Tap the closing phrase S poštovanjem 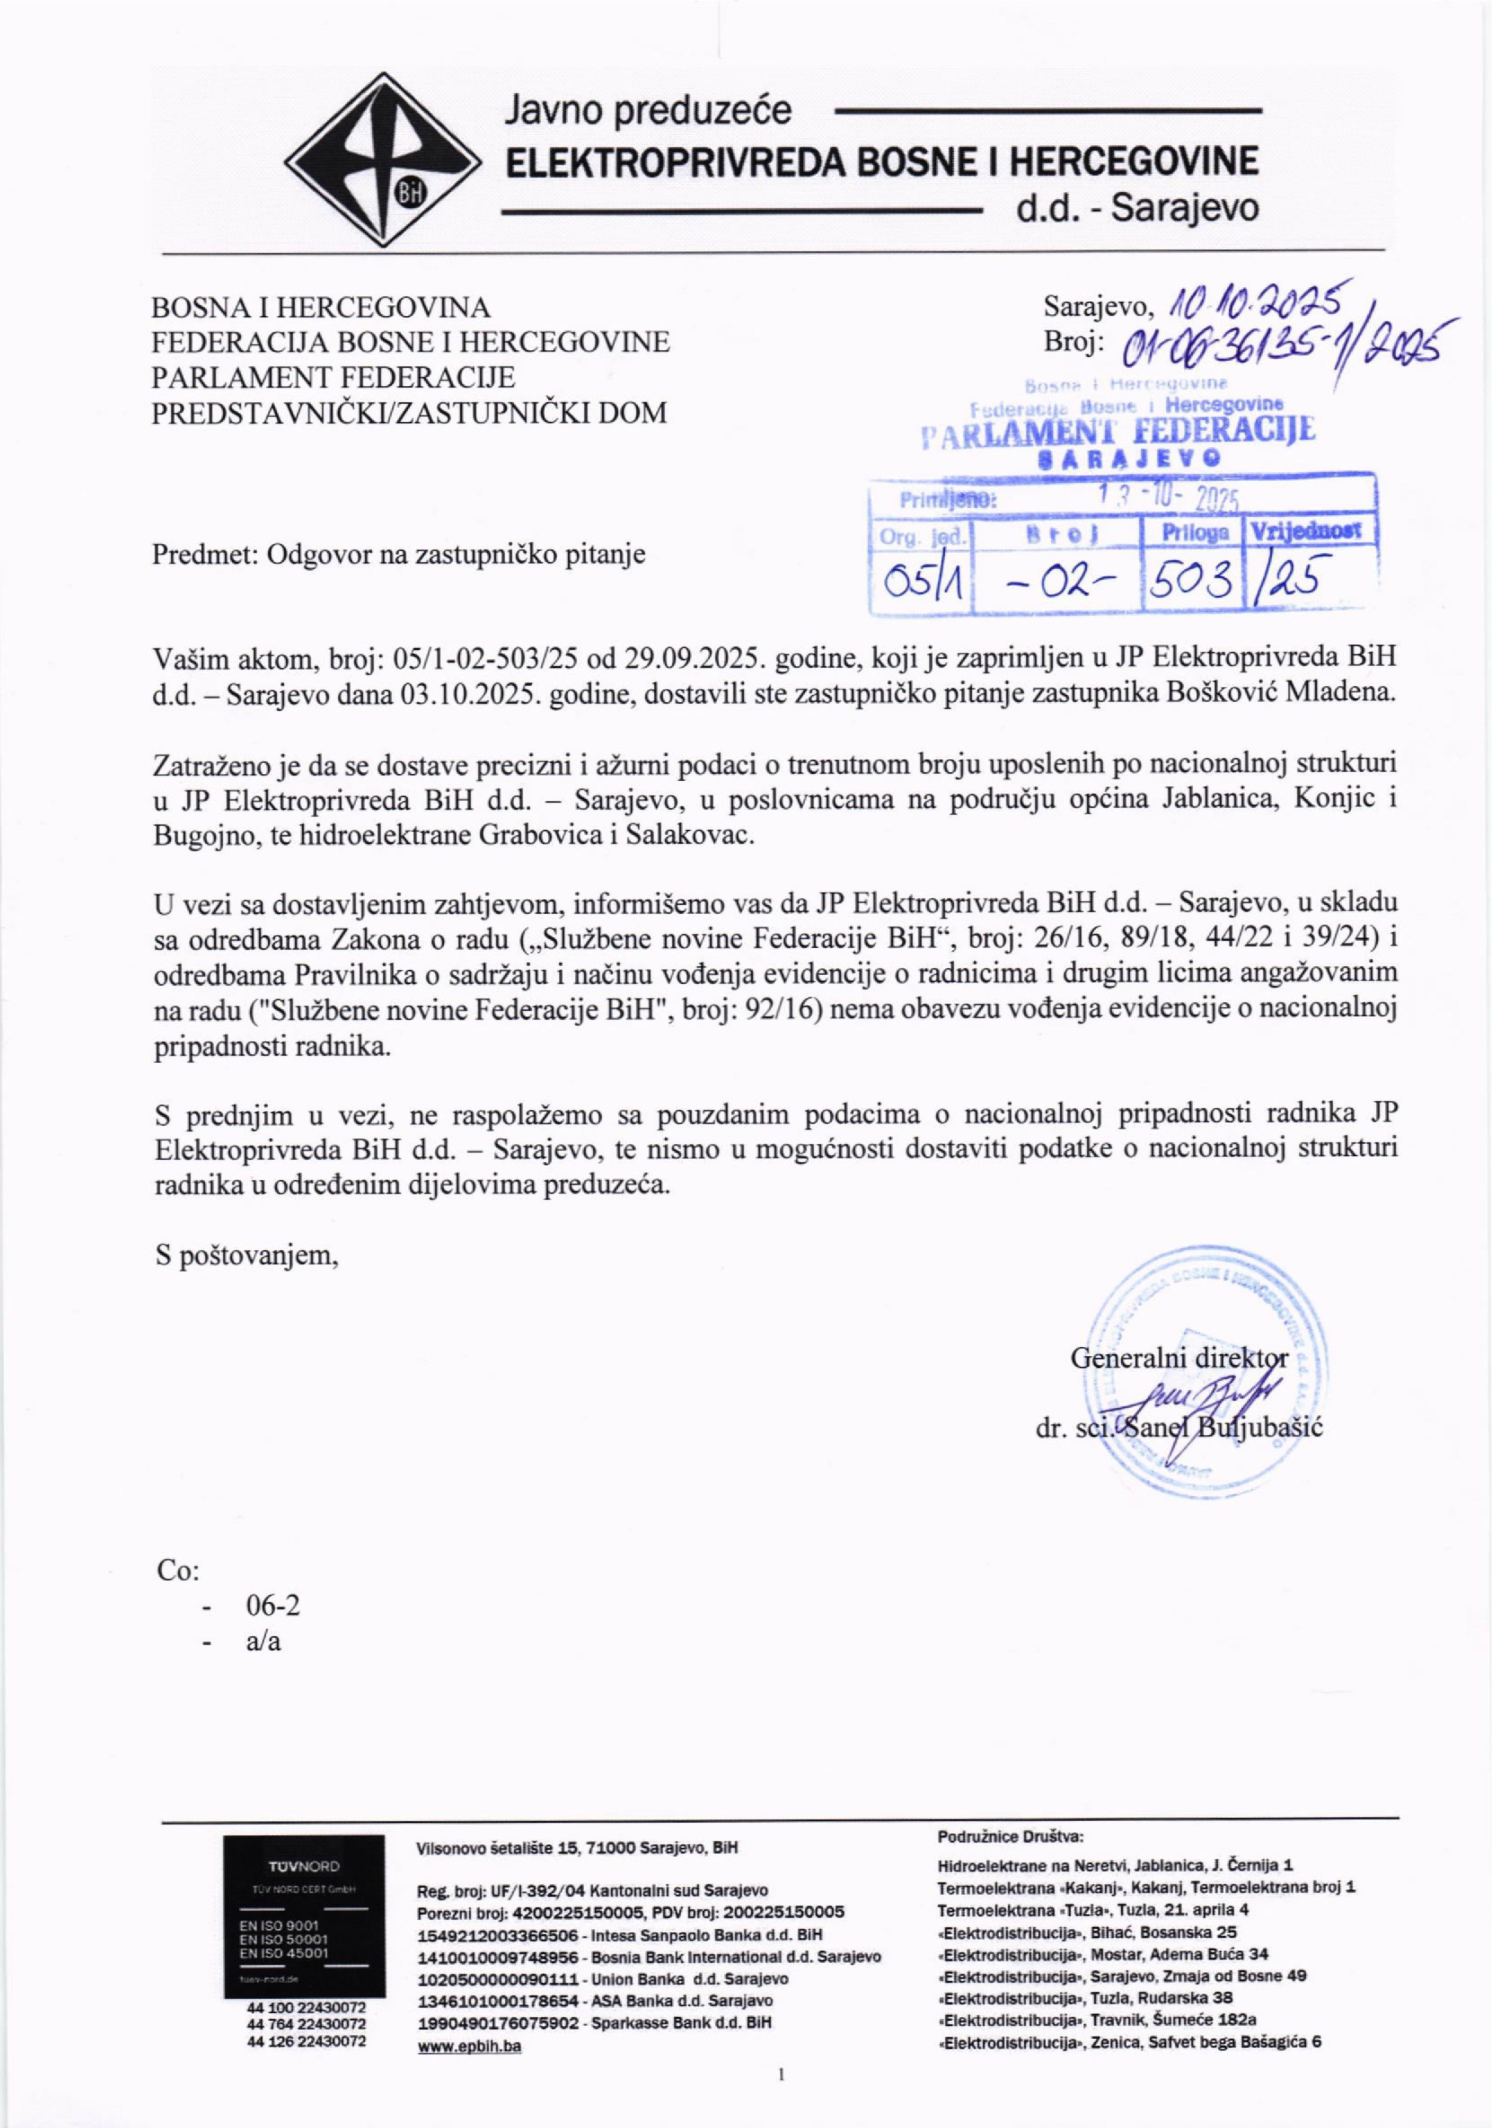point(245,1255)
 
